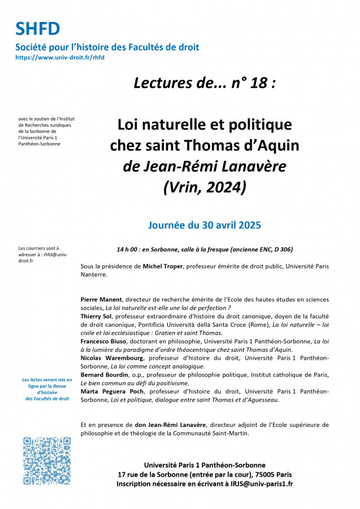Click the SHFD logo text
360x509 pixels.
coord(38,28)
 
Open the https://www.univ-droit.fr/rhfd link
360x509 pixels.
coord(60,57)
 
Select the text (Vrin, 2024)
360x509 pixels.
coord(204,187)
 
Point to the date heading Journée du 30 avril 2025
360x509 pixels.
coord(204,225)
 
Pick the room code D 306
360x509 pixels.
coord(280,249)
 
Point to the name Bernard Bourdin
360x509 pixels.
coord(107,374)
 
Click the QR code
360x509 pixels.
coord(47,461)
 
